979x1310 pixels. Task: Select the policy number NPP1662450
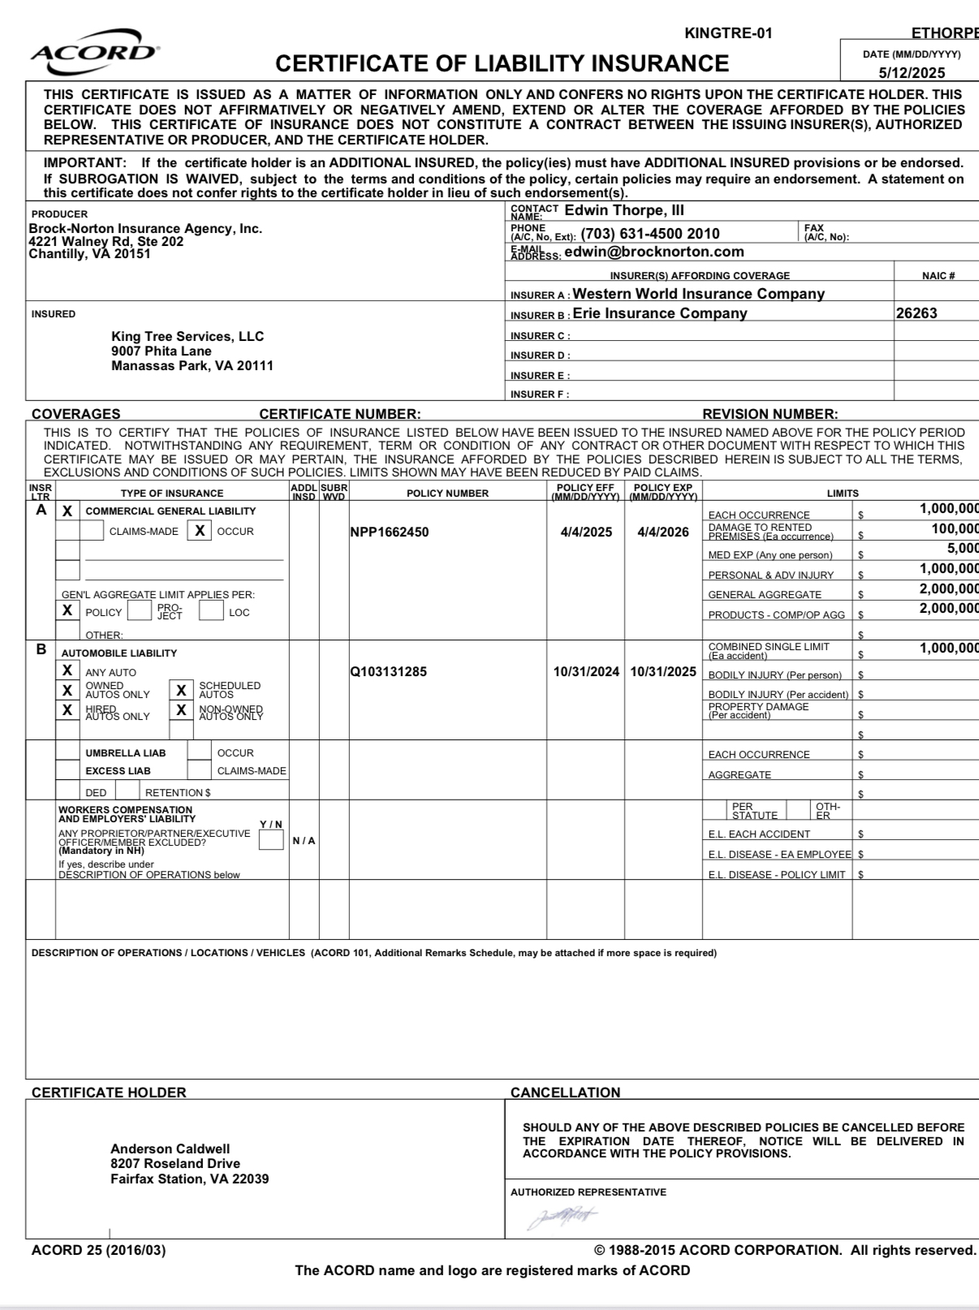(x=390, y=532)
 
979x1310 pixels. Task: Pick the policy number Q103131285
(x=388, y=672)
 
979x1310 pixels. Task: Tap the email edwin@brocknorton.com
(x=653, y=252)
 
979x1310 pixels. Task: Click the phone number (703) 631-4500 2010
(x=650, y=235)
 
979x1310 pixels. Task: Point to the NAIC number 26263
(x=916, y=313)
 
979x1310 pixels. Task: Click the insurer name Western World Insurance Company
(x=698, y=294)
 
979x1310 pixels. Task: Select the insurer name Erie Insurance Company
(x=659, y=313)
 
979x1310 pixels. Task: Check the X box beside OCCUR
(x=199, y=531)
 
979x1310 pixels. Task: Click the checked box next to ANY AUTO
(x=67, y=671)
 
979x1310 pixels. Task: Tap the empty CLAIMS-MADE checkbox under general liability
(x=92, y=531)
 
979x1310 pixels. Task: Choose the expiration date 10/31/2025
(x=663, y=672)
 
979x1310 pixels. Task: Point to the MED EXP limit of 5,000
(x=962, y=549)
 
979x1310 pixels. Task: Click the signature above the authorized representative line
(x=562, y=1217)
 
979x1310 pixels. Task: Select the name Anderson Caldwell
(x=170, y=1148)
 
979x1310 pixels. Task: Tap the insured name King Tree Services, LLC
(x=188, y=336)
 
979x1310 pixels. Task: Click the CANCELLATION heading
(x=565, y=1092)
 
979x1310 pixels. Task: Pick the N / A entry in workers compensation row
(x=304, y=841)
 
